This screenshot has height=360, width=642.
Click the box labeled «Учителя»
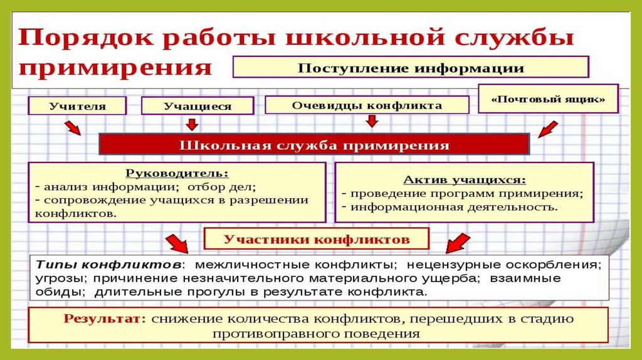[77, 105]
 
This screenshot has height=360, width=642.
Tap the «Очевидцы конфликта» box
[367, 105]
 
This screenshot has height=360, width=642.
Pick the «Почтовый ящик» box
[547, 98]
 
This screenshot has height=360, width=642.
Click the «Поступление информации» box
[411, 67]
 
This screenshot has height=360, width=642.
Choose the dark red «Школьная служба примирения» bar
[314, 145]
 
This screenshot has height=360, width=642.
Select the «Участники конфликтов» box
[317, 239]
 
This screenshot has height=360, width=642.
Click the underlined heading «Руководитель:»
[177, 172]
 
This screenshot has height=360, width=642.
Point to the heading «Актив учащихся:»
[465, 179]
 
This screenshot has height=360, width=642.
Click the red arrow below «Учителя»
[73, 128]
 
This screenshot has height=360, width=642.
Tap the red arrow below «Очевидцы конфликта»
[372, 120]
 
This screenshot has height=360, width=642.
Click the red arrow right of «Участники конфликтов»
[456, 243]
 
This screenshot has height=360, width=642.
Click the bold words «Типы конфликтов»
[110, 263]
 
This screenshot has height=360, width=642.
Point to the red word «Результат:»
[104, 318]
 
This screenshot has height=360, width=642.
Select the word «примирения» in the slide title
[115, 66]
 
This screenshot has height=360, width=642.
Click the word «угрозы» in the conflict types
[55, 278]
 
